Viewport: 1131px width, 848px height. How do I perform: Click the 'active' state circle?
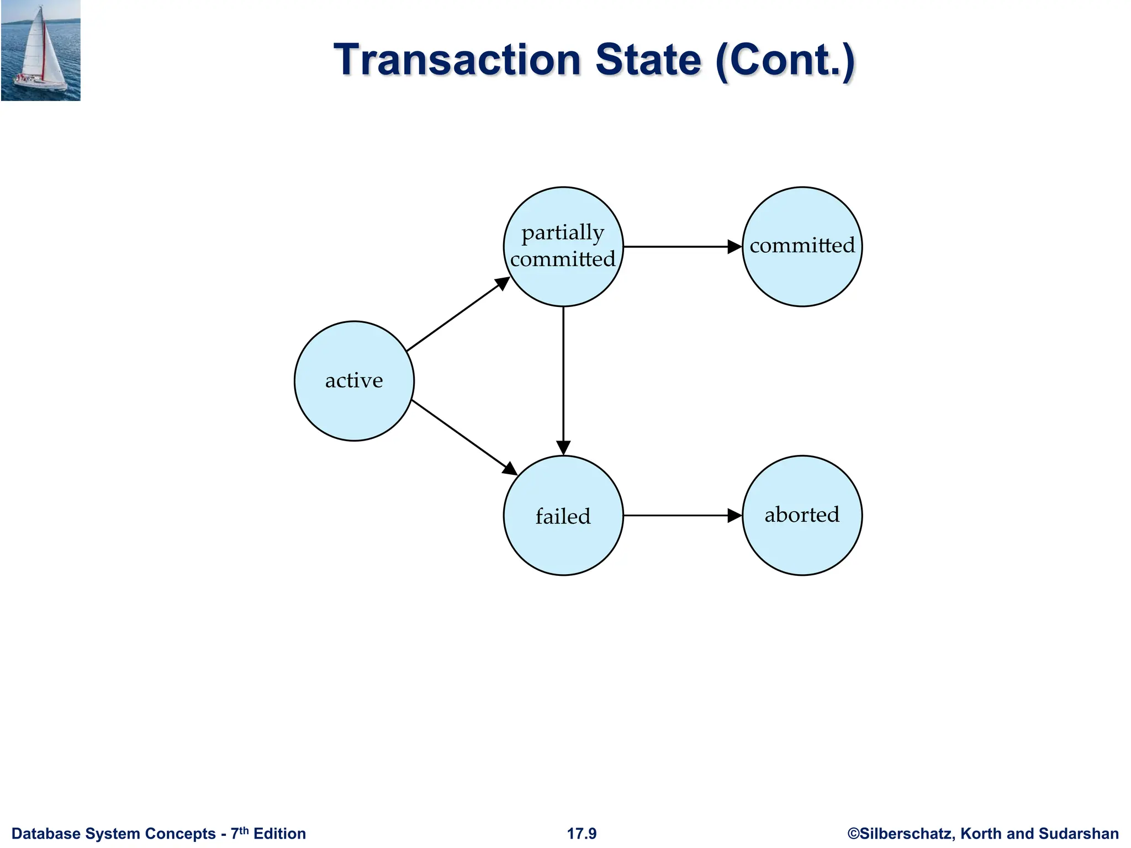point(354,381)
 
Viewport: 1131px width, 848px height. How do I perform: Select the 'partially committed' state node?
point(563,247)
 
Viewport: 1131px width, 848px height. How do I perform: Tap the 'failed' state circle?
point(563,516)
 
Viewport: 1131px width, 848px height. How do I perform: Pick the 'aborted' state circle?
point(802,516)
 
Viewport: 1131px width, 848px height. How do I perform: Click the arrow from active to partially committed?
point(457,315)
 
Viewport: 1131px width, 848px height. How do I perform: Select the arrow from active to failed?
point(464,437)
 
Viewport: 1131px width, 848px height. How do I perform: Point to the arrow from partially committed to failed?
point(563,381)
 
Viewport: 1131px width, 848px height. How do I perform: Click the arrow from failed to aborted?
point(682,516)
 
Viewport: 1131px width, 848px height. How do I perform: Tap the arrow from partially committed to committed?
point(682,247)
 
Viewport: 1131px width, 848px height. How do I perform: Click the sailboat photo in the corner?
point(41,51)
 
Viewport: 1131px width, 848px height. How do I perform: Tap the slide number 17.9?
point(582,834)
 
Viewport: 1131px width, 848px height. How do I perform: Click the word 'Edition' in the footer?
point(279,834)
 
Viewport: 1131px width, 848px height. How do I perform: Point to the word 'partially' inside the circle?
point(563,233)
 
